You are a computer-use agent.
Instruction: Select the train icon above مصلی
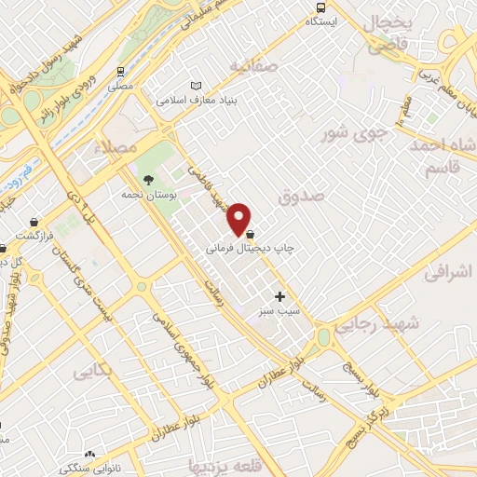click(121, 72)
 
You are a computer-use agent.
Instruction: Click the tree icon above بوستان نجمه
click(146, 181)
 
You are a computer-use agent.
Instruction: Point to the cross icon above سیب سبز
click(279, 296)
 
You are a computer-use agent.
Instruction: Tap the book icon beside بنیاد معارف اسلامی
click(195, 87)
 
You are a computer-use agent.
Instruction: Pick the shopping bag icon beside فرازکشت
click(34, 224)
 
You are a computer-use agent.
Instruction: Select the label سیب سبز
click(279, 312)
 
